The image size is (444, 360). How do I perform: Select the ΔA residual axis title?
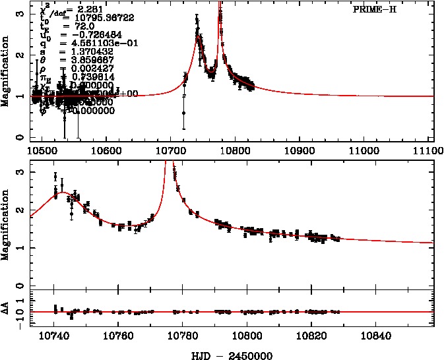tap(7, 309)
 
